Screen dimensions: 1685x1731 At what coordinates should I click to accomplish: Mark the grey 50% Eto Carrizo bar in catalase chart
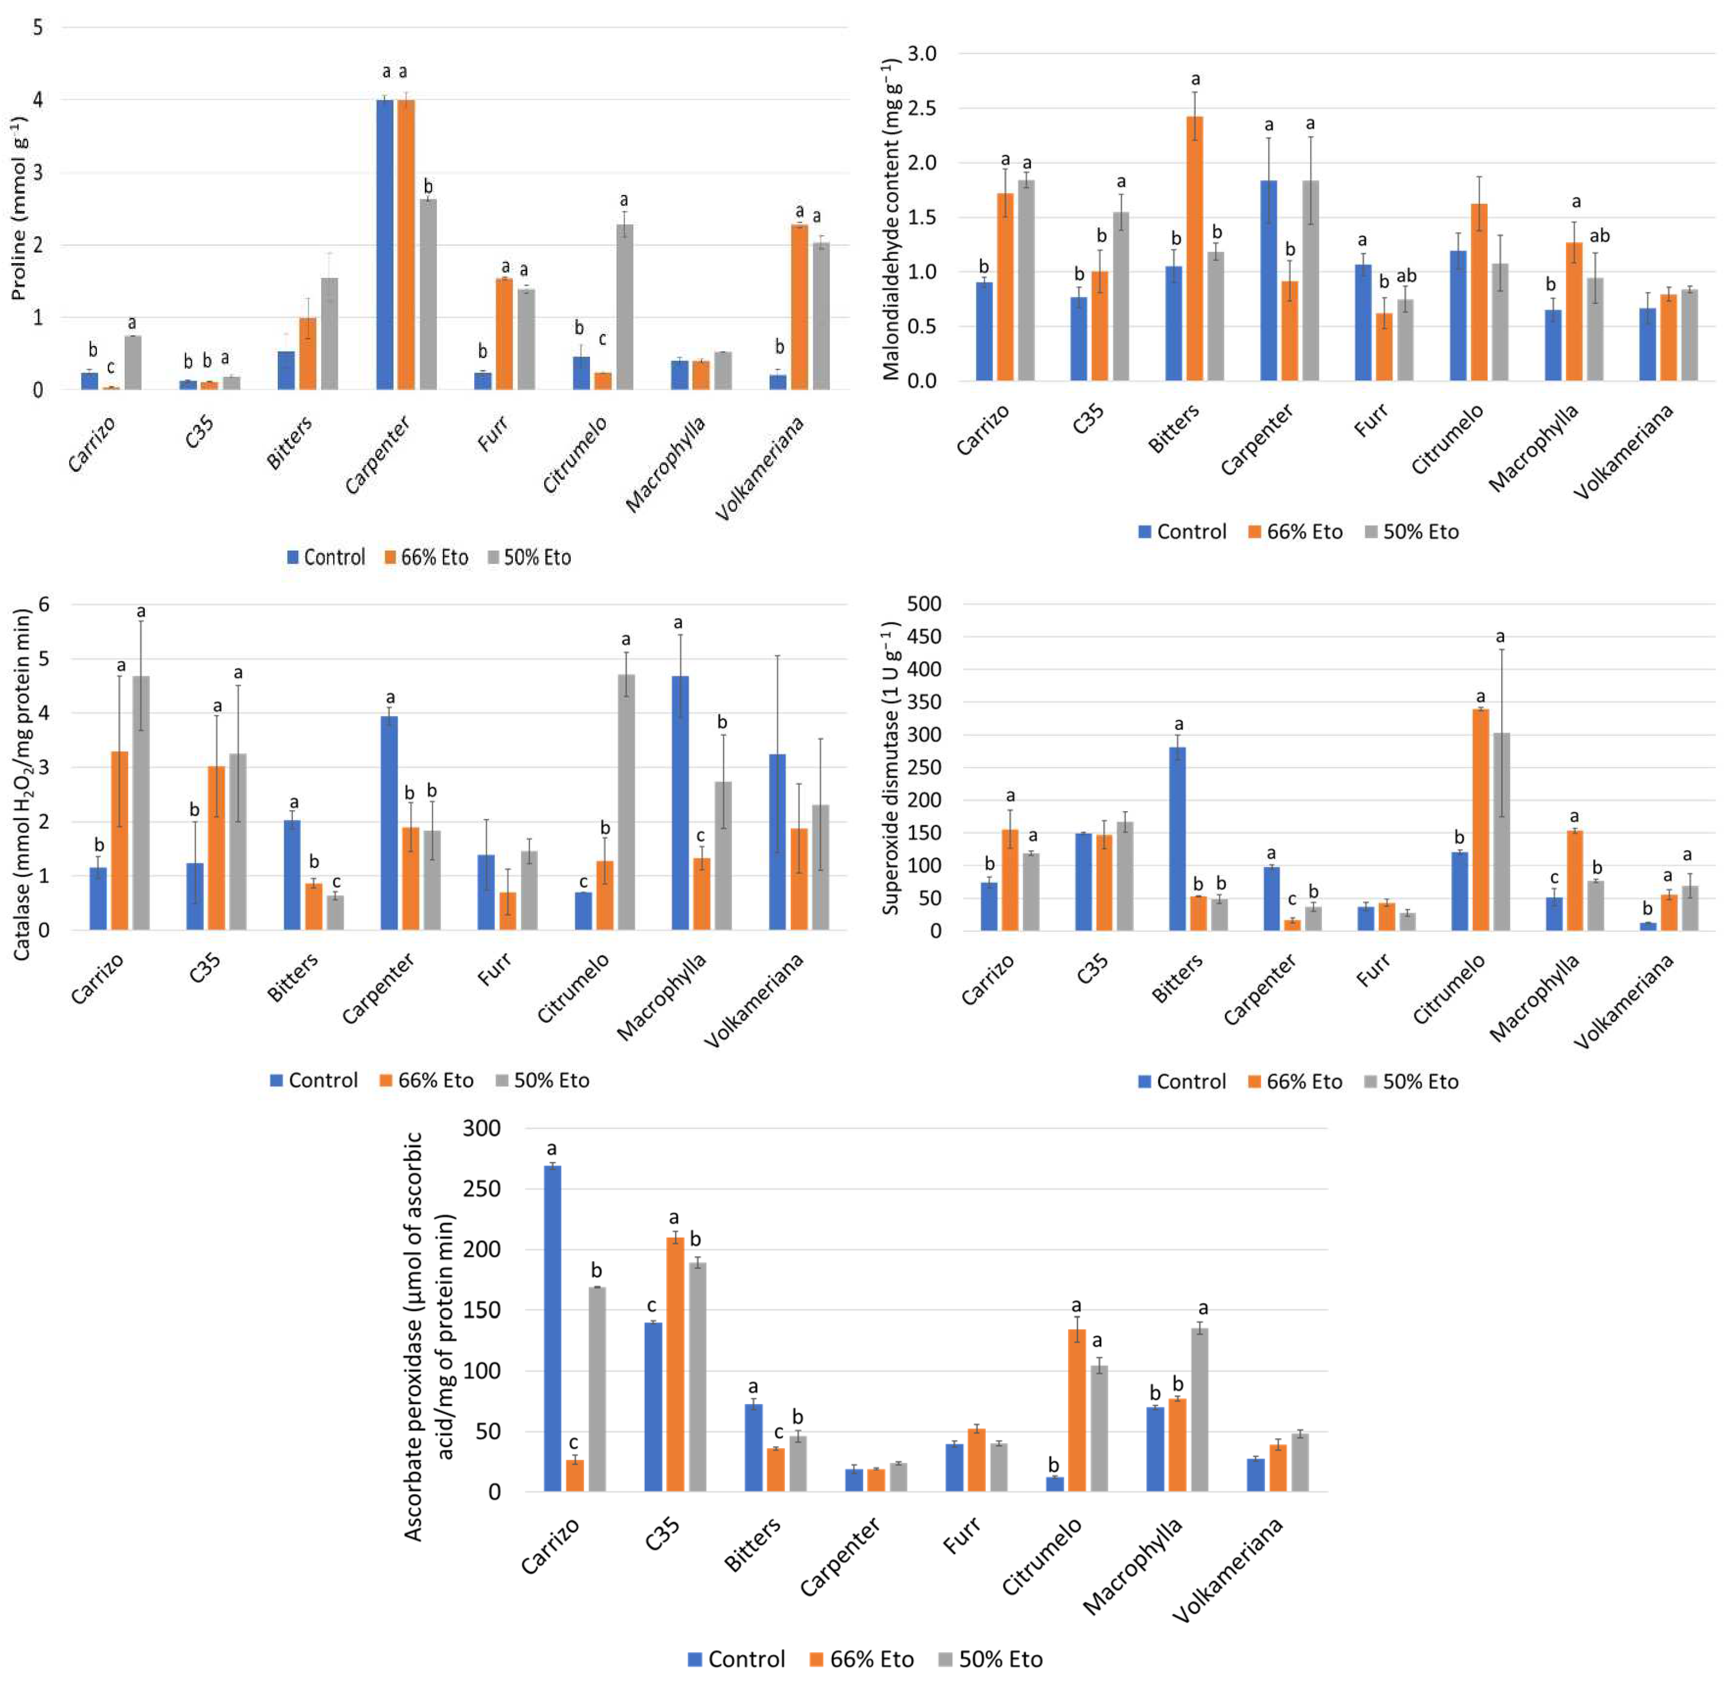click(x=141, y=803)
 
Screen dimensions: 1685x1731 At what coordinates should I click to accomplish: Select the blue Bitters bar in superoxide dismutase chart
click(x=1177, y=838)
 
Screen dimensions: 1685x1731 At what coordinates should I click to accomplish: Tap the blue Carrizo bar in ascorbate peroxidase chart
click(x=552, y=1328)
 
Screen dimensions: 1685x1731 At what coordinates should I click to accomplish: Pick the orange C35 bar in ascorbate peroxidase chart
click(x=675, y=1365)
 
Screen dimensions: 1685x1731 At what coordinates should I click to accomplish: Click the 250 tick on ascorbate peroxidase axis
click(x=482, y=1189)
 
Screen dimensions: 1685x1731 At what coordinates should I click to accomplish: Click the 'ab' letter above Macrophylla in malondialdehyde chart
click(x=1599, y=236)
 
